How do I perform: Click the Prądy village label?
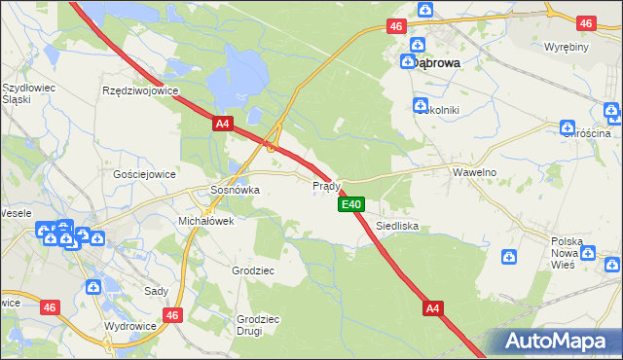[325, 185]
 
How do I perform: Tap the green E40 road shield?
[351, 204]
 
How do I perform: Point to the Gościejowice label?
[144, 174]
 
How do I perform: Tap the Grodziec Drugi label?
[258, 324]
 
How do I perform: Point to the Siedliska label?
[397, 226]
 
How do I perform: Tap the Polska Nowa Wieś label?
[567, 252]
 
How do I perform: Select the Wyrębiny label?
[566, 47]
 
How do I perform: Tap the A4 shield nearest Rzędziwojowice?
[222, 124]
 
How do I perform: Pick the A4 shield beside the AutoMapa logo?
[434, 308]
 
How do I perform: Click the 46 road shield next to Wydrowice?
[174, 315]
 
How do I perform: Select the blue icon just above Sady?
[92, 286]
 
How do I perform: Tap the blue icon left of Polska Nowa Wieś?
[508, 256]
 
